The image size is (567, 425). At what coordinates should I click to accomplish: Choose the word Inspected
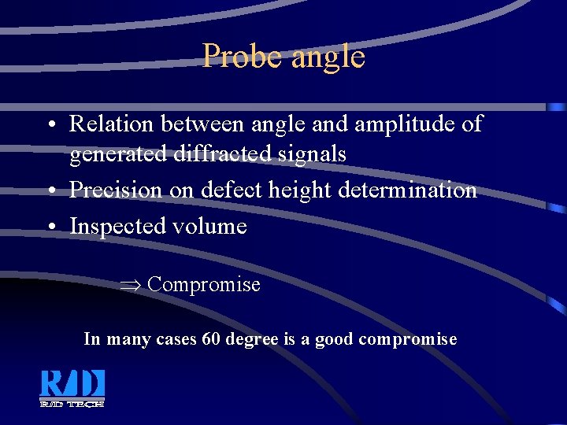tap(115, 227)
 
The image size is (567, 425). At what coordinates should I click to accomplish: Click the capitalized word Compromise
tap(204, 285)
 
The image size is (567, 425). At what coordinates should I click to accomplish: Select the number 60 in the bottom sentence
tap(211, 339)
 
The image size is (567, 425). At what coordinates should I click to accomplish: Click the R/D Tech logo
tap(72, 388)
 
